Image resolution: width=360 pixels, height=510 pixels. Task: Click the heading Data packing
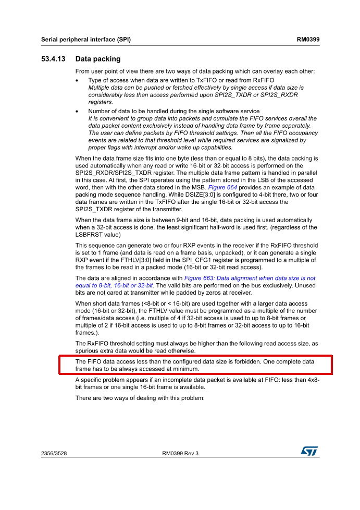click(97, 59)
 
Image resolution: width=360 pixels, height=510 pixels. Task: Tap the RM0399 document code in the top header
click(308, 40)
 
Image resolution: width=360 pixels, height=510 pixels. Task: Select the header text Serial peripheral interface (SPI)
click(86, 40)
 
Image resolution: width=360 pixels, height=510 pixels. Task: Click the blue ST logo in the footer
click(309, 451)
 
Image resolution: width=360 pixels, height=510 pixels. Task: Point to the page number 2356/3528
click(54, 454)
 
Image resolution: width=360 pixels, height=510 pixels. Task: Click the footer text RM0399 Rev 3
click(180, 454)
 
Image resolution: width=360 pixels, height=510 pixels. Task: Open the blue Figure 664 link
click(224, 187)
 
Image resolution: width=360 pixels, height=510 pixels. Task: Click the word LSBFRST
click(90, 234)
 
